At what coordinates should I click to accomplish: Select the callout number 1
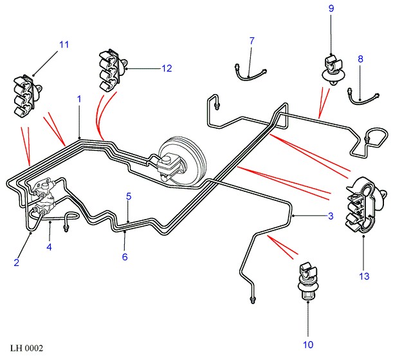[79, 99]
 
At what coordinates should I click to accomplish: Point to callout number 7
[251, 41]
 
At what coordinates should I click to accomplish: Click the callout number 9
[331, 8]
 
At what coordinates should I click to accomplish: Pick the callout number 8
[361, 59]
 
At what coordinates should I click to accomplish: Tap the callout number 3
[331, 216]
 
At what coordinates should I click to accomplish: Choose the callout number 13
[365, 277]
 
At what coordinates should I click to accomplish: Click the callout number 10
[308, 345]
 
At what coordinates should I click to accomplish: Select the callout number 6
[125, 257]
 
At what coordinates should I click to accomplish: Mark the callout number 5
[129, 195]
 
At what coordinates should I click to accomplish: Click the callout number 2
[16, 263]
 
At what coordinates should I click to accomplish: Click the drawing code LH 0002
[26, 348]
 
